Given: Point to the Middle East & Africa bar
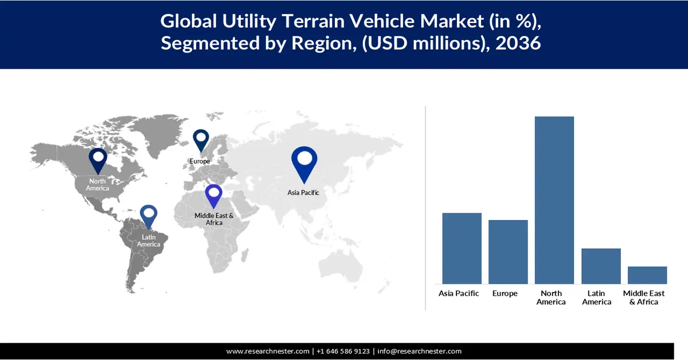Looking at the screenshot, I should click(x=647, y=275).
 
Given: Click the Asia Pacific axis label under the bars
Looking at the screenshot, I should click(x=459, y=294).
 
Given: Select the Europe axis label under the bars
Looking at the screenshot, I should click(x=505, y=294).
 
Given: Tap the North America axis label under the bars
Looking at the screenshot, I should click(x=551, y=298).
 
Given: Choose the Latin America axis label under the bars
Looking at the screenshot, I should click(x=597, y=298).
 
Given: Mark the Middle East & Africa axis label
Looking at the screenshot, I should click(x=644, y=298).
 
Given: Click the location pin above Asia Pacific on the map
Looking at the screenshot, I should click(x=304, y=162).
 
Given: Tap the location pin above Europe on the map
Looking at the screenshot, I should click(x=201, y=140).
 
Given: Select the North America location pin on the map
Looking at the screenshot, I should click(x=98, y=160).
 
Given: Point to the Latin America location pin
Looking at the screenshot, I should click(x=148, y=216).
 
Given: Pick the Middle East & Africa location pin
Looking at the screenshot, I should click(x=214, y=195).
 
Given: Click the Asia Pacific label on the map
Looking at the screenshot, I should click(x=303, y=193).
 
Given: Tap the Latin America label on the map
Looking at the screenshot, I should click(x=148, y=241).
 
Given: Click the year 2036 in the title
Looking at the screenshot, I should click(x=519, y=43).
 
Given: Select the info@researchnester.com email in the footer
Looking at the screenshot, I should click(x=419, y=351).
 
